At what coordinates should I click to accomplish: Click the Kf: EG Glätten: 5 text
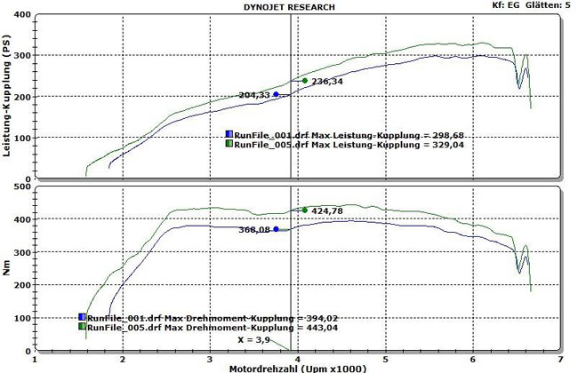coord(532,6)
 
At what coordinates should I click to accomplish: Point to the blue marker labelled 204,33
coord(276,94)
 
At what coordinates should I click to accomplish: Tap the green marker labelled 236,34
coord(305,81)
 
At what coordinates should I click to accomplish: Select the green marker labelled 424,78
coord(305,210)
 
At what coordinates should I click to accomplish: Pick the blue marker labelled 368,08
coord(276,229)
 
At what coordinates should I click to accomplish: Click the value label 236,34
coord(326,82)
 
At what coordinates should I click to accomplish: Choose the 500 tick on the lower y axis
coord(20,188)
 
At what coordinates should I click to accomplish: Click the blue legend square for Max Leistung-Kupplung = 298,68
coord(229,134)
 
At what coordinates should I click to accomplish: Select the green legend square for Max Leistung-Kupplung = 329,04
coord(229,143)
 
